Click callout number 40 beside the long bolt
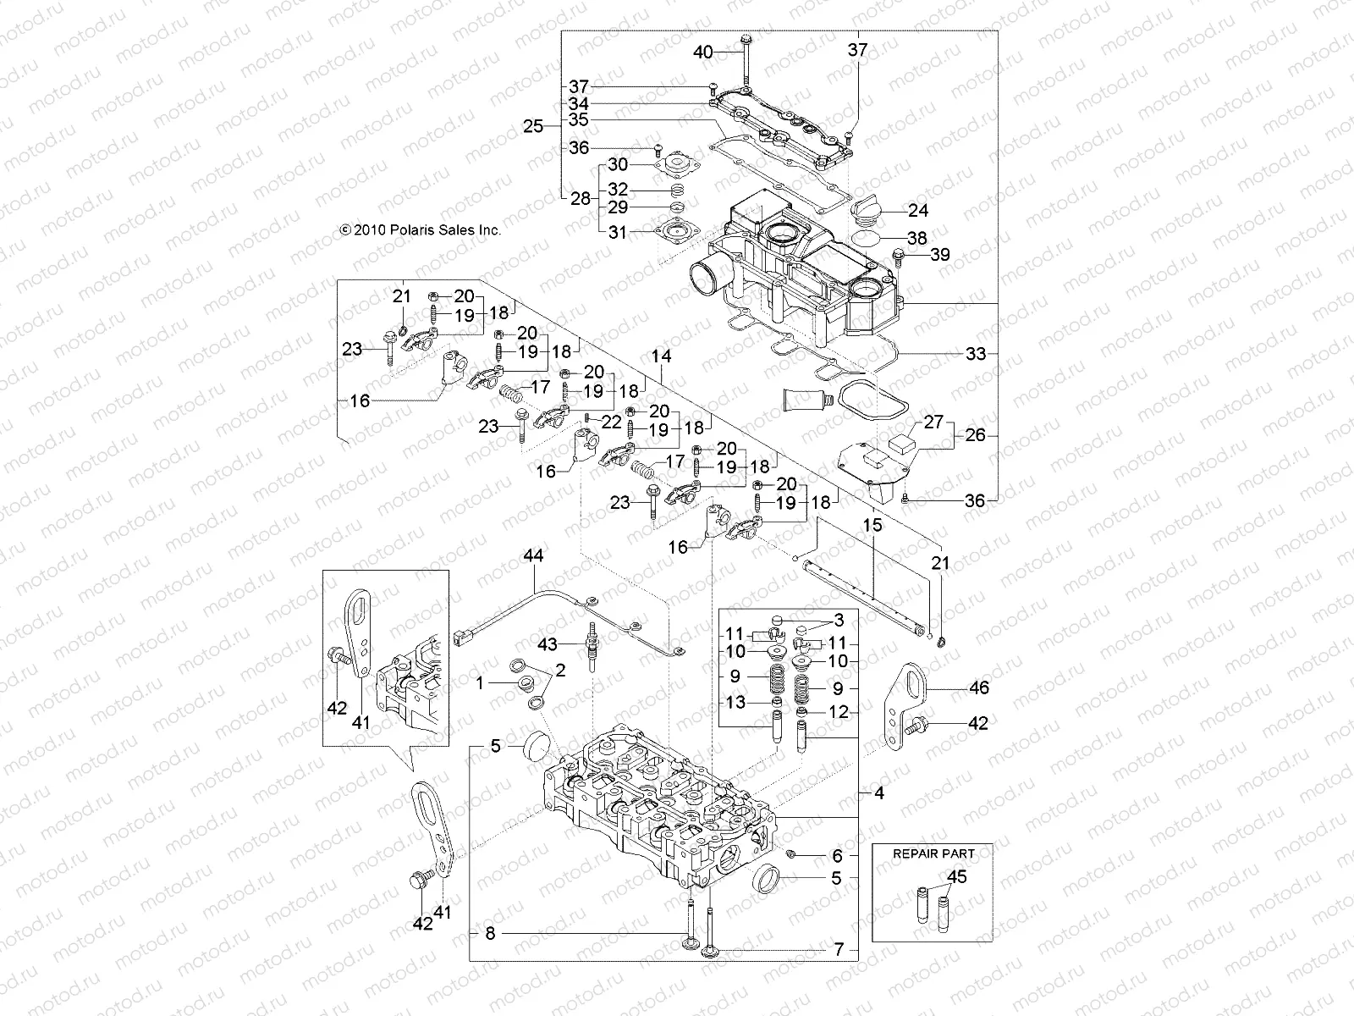[x=703, y=52]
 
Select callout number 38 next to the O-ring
[x=916, y=239]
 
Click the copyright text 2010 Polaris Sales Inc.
[x=421, y=229]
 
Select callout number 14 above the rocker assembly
[x=662, y=358]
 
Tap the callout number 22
[x=614, y=421]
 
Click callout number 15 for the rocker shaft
[x=872, y=525]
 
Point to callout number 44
[x=534, y=556]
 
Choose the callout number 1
[x=482, y=682]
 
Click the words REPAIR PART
[x=933, y=853]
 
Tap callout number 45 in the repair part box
[x=957, y=876]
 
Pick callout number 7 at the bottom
[x=839, y=950]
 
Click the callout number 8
[x=490, y=934]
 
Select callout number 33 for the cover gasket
[x=976, y=354]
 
